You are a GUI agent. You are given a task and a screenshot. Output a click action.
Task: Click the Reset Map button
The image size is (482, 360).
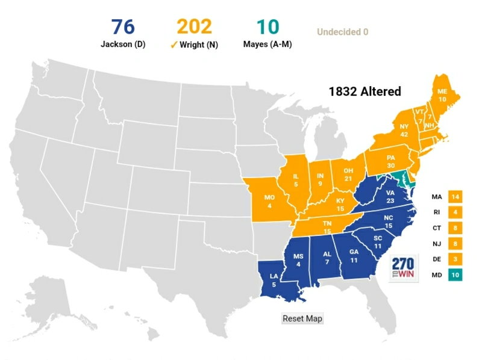pos(302,318)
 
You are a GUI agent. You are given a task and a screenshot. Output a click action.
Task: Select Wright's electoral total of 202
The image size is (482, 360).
pos(194,27)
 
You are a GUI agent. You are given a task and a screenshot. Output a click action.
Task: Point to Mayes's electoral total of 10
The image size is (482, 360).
pos(268,27)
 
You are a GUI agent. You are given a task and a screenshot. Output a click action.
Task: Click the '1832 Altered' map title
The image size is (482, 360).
pos(365,92)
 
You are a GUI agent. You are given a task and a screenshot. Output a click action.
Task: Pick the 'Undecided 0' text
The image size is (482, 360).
pos(342,32)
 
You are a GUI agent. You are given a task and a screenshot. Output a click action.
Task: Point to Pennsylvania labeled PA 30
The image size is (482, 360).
pos(390,162)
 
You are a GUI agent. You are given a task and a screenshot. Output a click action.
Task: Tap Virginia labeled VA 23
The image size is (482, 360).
pos(389,196)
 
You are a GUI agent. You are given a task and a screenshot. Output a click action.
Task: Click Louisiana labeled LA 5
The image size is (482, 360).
pos(274,280)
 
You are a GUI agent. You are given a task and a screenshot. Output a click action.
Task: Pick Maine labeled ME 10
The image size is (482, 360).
pos(442,95)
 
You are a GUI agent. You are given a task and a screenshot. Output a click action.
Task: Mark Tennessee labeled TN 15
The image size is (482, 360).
pos(327,227)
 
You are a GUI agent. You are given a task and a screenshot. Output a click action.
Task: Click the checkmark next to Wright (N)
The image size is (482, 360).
pos(174,45)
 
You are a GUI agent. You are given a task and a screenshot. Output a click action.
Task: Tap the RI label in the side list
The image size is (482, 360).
pos(437,213)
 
